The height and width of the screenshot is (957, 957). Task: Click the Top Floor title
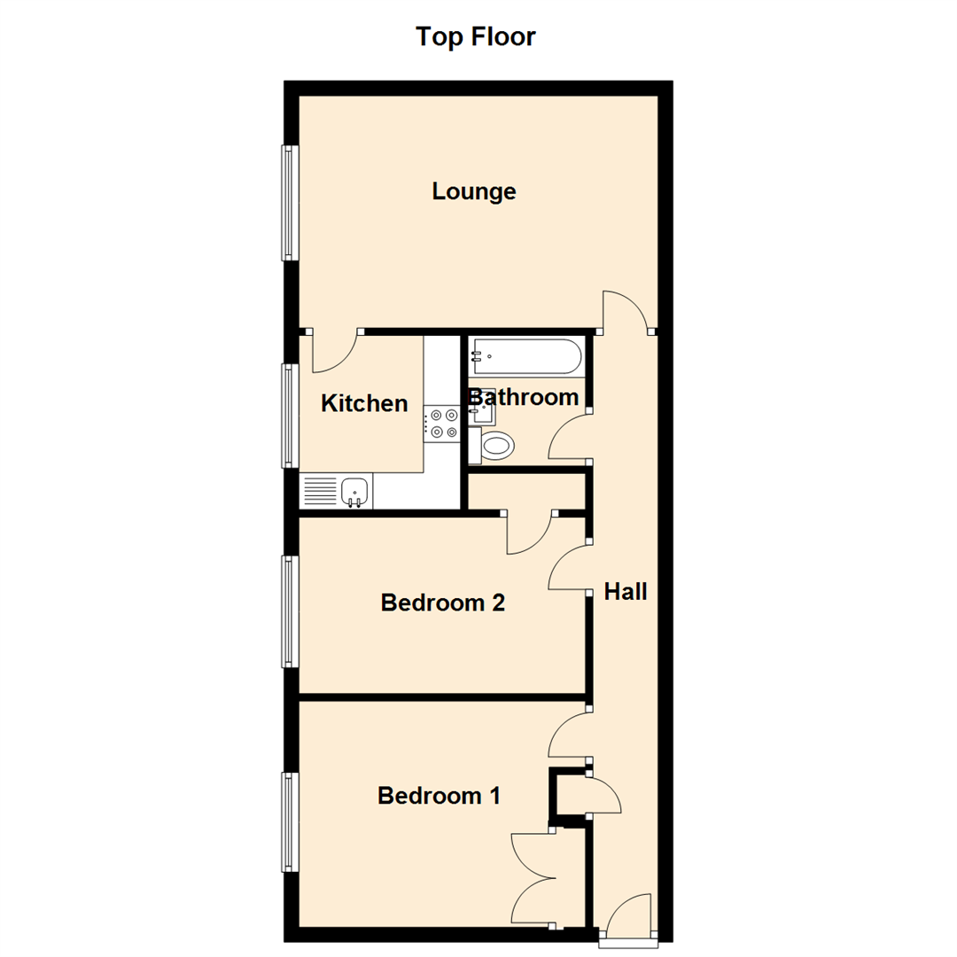(x=476, y=37)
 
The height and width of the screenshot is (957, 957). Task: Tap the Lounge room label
(x=474, y=191)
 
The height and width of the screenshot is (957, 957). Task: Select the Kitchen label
(x=364, y=404)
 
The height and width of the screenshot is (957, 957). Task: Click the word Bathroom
(x=524, y=398)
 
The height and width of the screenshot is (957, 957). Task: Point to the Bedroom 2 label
(x=442, y=603)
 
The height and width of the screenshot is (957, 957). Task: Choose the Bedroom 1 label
(x=439, y=796)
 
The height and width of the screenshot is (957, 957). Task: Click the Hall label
(x=626, y=592)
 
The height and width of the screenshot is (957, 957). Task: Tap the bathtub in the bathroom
(x=525, y=357)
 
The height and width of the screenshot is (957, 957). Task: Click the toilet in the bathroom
(x=494, y=445)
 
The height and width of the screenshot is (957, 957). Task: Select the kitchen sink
(x=354, y=490)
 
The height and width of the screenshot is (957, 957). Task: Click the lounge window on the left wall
(x=290, y=202)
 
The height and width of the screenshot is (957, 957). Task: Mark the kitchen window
(x=290, y=415)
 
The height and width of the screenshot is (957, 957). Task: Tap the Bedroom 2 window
(x=290, y=611)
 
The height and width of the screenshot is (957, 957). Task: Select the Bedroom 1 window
(x=290, y=821)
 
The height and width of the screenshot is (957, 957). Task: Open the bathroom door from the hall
(x=570, y=436)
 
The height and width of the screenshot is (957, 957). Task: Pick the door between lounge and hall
(x=627, y=310)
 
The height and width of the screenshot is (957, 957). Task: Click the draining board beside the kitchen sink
(x=320, y=490)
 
